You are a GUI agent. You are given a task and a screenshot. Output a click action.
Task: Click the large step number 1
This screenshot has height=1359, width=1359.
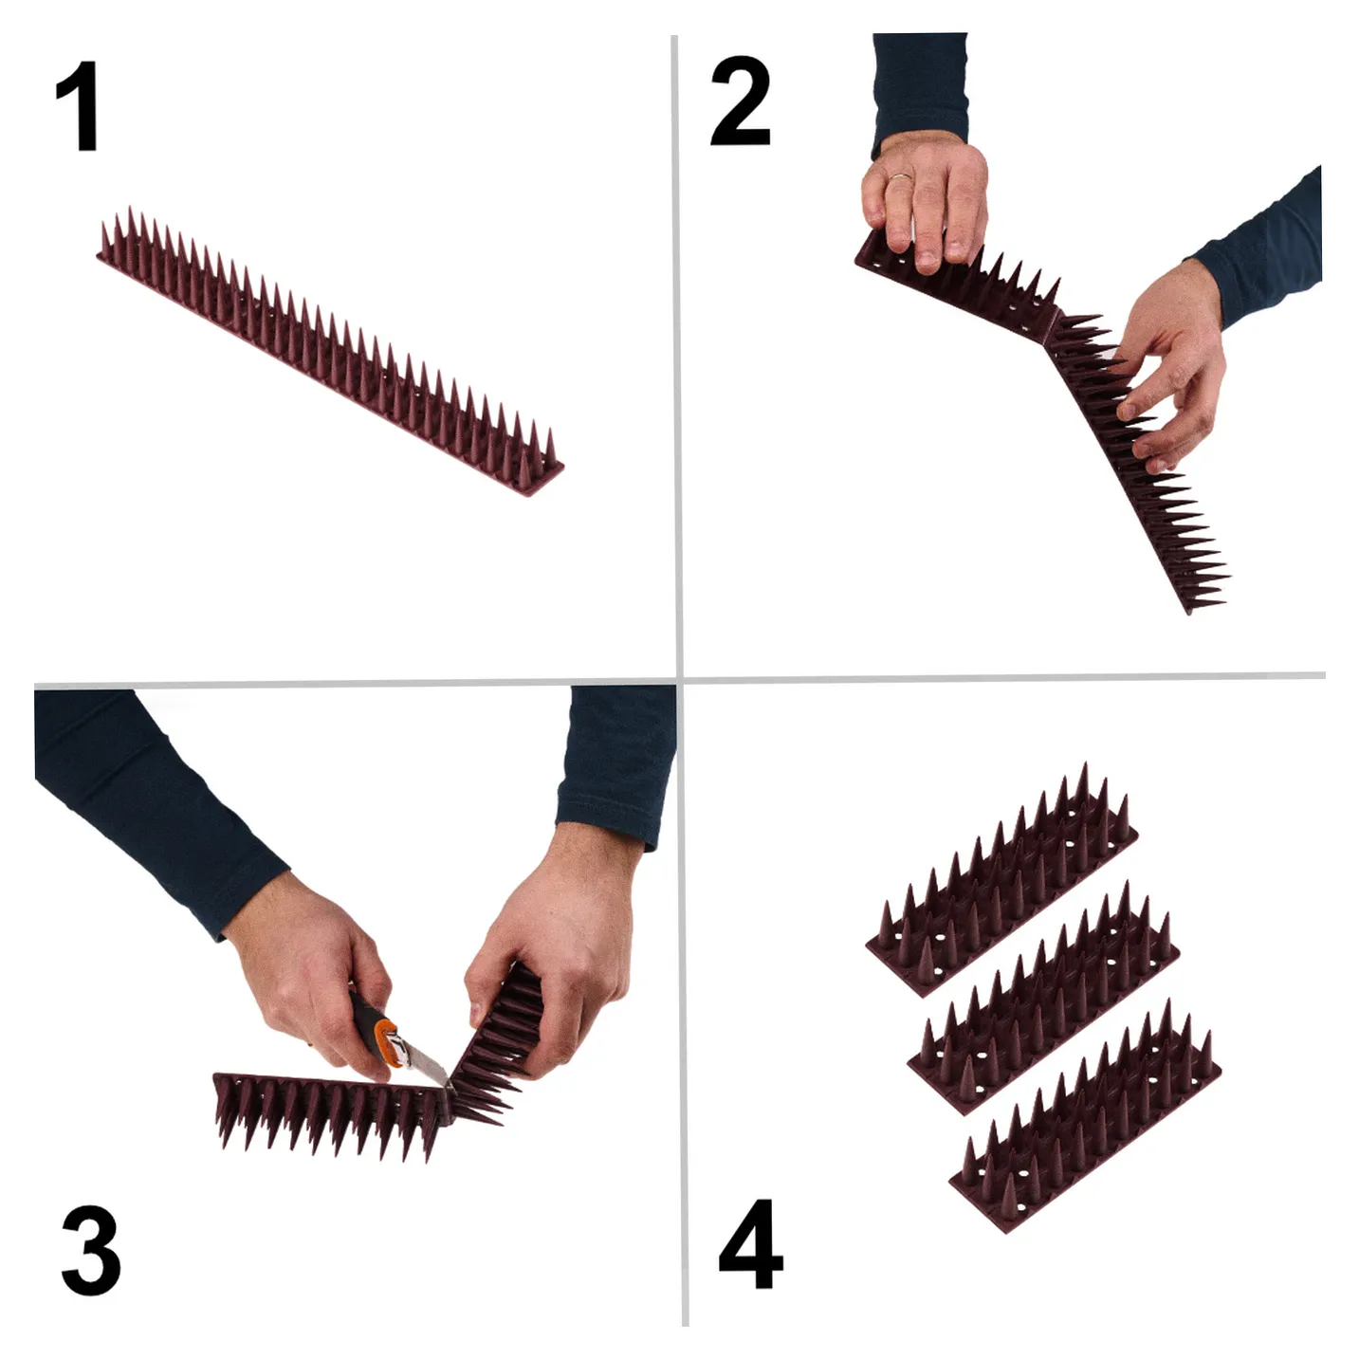(78, 106)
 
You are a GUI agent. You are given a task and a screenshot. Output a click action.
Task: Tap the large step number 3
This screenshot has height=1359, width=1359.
(91, 1250)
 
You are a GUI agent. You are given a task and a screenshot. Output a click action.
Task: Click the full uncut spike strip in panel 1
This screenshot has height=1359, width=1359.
(330, 351)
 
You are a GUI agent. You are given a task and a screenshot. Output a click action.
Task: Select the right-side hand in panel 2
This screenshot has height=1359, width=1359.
(1170, 367)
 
